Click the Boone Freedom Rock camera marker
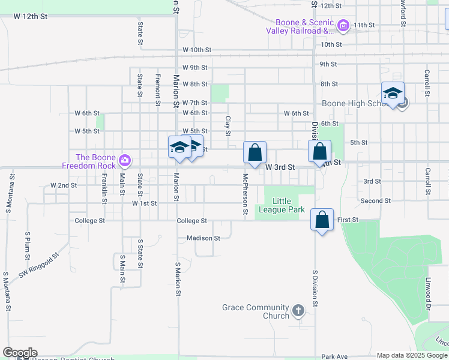[124, 160]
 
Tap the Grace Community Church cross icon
[298, 311]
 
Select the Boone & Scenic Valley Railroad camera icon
[343, 26]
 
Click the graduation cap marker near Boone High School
[393, 94]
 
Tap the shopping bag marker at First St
[322, 221]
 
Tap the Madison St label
[203, 238]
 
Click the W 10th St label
[197, 50]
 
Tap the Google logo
[20, 353]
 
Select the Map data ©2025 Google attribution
[411, 355]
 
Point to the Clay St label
[228, 126]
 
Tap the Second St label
[376, 200]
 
